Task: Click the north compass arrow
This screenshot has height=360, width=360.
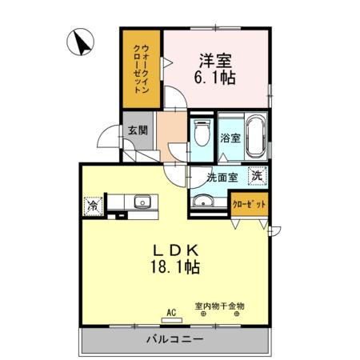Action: click(x=81, y=42)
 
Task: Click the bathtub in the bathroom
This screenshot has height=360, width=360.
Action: click(x=255, y=137)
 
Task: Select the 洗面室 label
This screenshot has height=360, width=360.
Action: click(x=218, y=176)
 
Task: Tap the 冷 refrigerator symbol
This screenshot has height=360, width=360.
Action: click(x=91, y=205)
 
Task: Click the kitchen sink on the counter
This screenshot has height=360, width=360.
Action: click(x=142, y=202)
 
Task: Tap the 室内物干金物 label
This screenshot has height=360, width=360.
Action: click(x=219, y=306)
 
